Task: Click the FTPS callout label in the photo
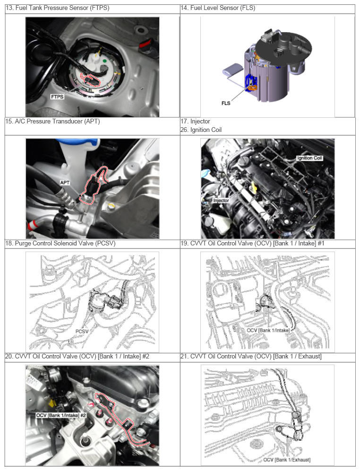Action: tap(57, 97)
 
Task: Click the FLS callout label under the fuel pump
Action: tap(226, 104)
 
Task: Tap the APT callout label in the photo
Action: tap(65, 183)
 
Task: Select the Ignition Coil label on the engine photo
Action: tap(309, 158)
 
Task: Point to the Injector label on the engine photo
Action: tap(221, 201)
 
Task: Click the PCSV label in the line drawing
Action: tap(82, 331)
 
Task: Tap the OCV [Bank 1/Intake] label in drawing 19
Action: tap(268, 330)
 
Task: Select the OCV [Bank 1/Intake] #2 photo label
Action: tap(61, 415)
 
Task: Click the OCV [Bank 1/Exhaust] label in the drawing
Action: tap(287, 460)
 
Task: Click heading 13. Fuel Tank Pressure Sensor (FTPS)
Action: tap(57, 8)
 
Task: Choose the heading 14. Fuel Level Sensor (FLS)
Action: tap(218, 8)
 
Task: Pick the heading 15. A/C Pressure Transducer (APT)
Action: tap(52, 122)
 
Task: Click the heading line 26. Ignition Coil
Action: tap(201, 130)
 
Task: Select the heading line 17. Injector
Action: tap(195, 122)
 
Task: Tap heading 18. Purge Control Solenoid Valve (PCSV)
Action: tap(60, 244)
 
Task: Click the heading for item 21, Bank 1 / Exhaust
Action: tap(251, 356)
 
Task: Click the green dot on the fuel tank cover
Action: tap(105, 61)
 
